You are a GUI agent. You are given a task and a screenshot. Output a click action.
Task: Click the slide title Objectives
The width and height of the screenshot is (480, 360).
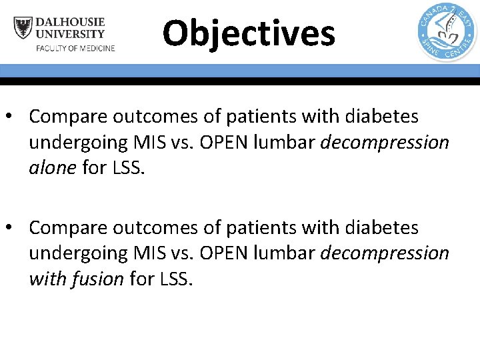tap(249, 33)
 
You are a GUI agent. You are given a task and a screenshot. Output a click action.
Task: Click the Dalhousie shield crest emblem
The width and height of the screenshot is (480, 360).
tap(23, 28)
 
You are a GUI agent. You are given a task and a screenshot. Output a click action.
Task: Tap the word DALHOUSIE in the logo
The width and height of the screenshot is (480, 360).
tap(70, 22)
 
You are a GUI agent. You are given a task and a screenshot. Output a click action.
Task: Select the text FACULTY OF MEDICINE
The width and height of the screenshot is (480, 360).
tap(75, 48)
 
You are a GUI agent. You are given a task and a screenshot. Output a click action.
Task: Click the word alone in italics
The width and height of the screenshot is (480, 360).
tap(52, 168)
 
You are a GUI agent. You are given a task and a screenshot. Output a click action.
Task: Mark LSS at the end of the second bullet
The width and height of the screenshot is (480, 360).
tap(177, 279)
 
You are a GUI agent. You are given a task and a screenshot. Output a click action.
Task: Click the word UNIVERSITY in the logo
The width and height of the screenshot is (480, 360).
tap(70, 34)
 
